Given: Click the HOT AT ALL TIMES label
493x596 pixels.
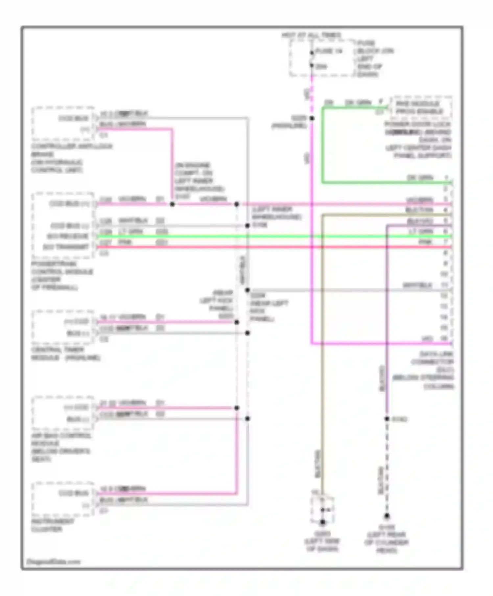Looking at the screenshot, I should coord(311,35).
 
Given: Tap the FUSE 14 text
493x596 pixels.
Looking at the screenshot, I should coord(329,51).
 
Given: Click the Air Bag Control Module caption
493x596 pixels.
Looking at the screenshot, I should coord(61,447).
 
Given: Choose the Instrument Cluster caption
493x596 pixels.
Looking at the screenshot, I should coord(53,525).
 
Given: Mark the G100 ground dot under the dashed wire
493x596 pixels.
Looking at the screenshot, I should coord(387,516).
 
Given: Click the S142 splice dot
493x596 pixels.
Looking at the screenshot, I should coord(387,419).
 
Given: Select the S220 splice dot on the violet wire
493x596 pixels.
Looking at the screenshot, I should coord(312,118).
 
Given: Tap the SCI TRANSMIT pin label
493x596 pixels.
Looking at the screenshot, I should coord(66,247).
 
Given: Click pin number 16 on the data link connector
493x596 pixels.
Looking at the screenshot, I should coord(444,338).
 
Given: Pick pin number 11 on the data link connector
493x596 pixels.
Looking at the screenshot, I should coord(444,285).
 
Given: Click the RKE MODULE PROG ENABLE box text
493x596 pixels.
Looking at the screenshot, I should coord(419,107).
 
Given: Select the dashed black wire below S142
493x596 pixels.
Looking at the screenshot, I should coord(387,467).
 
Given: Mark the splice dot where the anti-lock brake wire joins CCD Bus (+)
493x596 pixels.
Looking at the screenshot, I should coord(172,204).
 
